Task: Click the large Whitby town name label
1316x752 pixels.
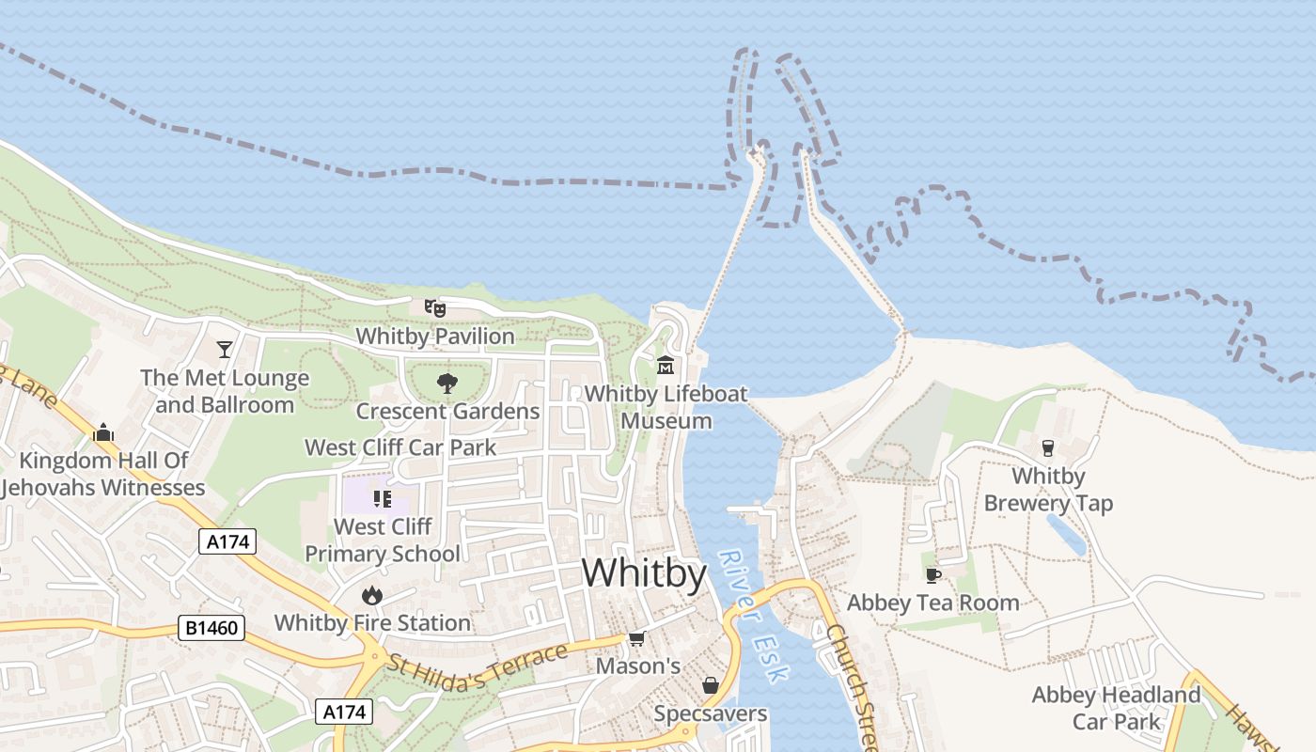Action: pos(644,572)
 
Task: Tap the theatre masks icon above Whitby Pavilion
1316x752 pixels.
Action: pos(434,307)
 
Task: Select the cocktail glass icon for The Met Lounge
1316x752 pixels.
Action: pos(225,350)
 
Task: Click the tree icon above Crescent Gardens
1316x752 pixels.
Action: pos(446,383)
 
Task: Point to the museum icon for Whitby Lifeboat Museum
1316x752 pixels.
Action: pos(666,365)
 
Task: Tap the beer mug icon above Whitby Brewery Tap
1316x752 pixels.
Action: pos(1048,448)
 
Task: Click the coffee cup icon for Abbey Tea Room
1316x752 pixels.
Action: pos(932,574)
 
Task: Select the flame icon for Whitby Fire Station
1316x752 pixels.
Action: pos(372,595)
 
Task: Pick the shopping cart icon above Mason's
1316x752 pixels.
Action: pos(636,639)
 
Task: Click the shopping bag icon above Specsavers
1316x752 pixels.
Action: pos(711,686)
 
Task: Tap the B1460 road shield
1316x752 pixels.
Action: pos(211,628)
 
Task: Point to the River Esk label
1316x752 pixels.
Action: pos(755,616)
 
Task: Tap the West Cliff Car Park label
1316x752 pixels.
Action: pos(400,447)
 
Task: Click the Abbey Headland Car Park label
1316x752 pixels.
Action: pos(1116,708)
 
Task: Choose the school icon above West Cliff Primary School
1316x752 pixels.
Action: pos(382,498)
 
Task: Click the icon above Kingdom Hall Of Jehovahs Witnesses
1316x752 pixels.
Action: pos(103,432)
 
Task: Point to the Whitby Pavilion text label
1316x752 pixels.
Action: pos(435,336)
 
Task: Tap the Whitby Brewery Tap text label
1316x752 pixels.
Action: pos(1048,490)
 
